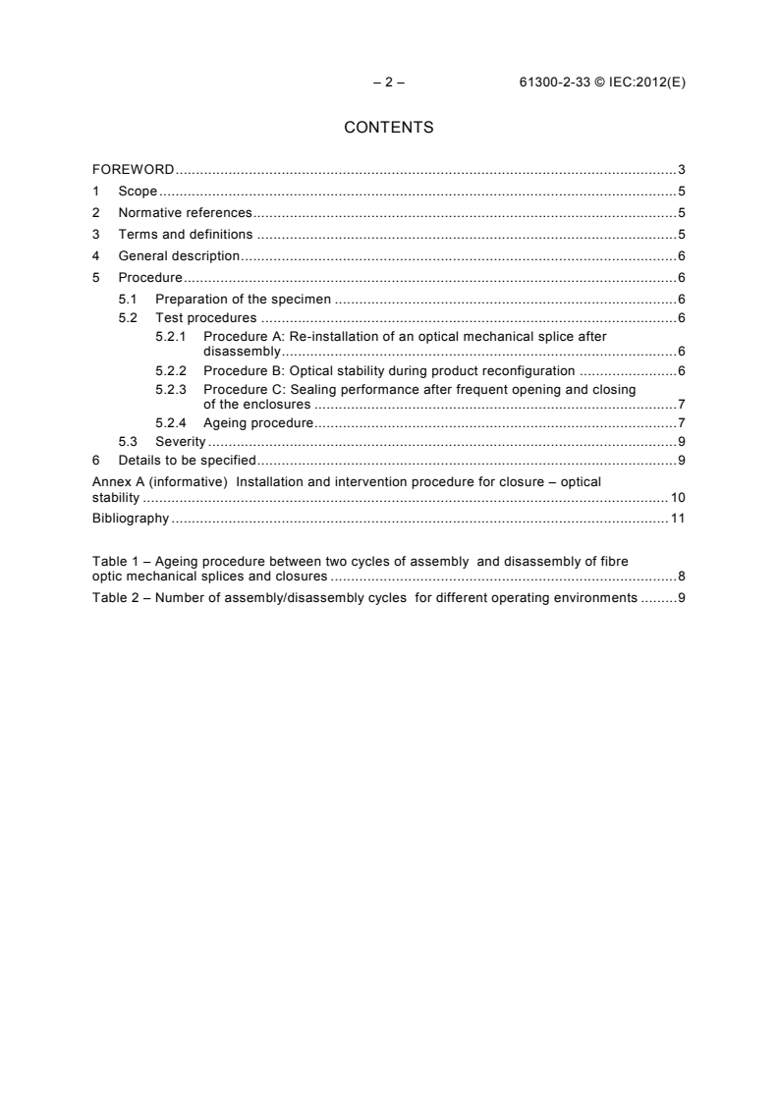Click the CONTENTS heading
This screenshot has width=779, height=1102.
click(389, 128)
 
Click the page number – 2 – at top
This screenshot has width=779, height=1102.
click(389, 83)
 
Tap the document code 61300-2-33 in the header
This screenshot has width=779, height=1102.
click(553, 83)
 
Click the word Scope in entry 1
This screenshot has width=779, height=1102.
click(138, 192)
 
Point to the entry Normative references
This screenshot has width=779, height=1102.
click(185, 213)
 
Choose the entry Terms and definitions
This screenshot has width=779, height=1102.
click(186, 235)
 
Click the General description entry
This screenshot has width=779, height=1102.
click(179, 256)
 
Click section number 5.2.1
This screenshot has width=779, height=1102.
click(172, 336)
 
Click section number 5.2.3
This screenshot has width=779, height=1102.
click(172, 389)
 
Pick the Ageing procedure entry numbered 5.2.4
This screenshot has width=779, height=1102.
click(257, 423)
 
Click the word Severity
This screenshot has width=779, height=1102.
click(180, 441)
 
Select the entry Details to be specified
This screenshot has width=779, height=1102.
click(187, 460)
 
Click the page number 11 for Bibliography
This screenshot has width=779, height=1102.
click(678, 518)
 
